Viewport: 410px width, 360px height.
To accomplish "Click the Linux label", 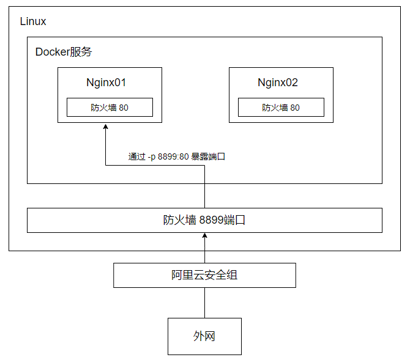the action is coord(33,21).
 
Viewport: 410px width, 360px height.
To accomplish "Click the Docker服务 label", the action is coord(64,52).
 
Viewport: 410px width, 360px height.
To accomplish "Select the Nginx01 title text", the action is coord(106,83).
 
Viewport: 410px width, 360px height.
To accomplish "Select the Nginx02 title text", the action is coord(278,83).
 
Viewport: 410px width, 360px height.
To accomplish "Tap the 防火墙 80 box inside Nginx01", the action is coord(110,108).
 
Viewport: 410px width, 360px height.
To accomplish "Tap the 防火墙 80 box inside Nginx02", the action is coord(281,108).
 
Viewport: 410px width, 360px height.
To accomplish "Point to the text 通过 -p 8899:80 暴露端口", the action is coord(177,156).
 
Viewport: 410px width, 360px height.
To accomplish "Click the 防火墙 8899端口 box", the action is coord(204,220).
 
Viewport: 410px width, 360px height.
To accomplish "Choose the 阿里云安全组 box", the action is coord(204,275).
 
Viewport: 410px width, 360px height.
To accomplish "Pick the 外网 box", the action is coord(204,336).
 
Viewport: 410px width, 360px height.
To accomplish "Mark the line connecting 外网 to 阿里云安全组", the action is coord(204,303).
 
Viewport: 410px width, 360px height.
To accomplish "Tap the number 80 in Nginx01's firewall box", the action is coord(124,108).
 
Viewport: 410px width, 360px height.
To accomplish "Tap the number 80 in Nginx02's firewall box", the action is coord(295,108).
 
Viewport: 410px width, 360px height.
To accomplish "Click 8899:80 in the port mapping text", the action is coord(173,156).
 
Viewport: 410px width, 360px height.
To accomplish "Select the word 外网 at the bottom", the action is coord(204,336).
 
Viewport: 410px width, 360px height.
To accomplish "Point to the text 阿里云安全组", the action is coord(204,275).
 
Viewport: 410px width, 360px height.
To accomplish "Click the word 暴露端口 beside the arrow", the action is coord(209,156).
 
